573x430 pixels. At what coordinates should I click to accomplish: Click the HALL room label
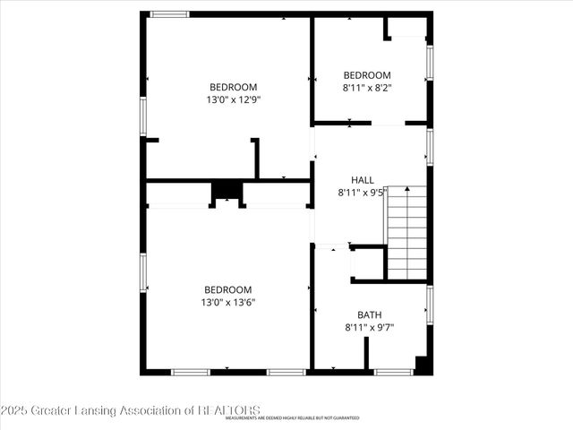click(x=362, y=179)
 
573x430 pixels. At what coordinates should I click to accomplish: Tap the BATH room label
click(x=369, y=314)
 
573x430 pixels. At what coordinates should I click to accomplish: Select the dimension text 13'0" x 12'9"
click(x=233, y=99)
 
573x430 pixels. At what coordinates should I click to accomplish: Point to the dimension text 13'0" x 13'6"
click(x=227, y=302)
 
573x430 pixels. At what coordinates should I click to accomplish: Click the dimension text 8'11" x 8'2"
click(x=367, y=87)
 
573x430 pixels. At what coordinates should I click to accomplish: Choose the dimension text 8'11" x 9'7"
click(x=369, y=327)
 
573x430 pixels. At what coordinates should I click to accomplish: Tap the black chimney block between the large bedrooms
click(x=227, y=190)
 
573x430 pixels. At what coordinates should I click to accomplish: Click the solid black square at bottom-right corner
click(x=423, y=365)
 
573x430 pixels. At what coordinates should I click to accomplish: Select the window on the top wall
click(x=169, y=14)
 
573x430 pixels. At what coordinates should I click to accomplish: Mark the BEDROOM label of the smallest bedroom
click(x=367, y=74)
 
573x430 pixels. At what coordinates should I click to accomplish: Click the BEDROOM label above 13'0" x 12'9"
click(x=233, y=87)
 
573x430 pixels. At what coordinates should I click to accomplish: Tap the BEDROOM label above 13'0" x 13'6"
click(x=227, y=289)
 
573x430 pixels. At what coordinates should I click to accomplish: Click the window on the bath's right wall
click(x=430, y=305)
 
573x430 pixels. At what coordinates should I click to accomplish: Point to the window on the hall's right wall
click(x=430, y=148)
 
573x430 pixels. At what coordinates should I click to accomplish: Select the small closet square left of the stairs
click(x=367, y=263)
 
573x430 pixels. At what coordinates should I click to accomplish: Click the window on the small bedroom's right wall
click(x=430, y=63)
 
